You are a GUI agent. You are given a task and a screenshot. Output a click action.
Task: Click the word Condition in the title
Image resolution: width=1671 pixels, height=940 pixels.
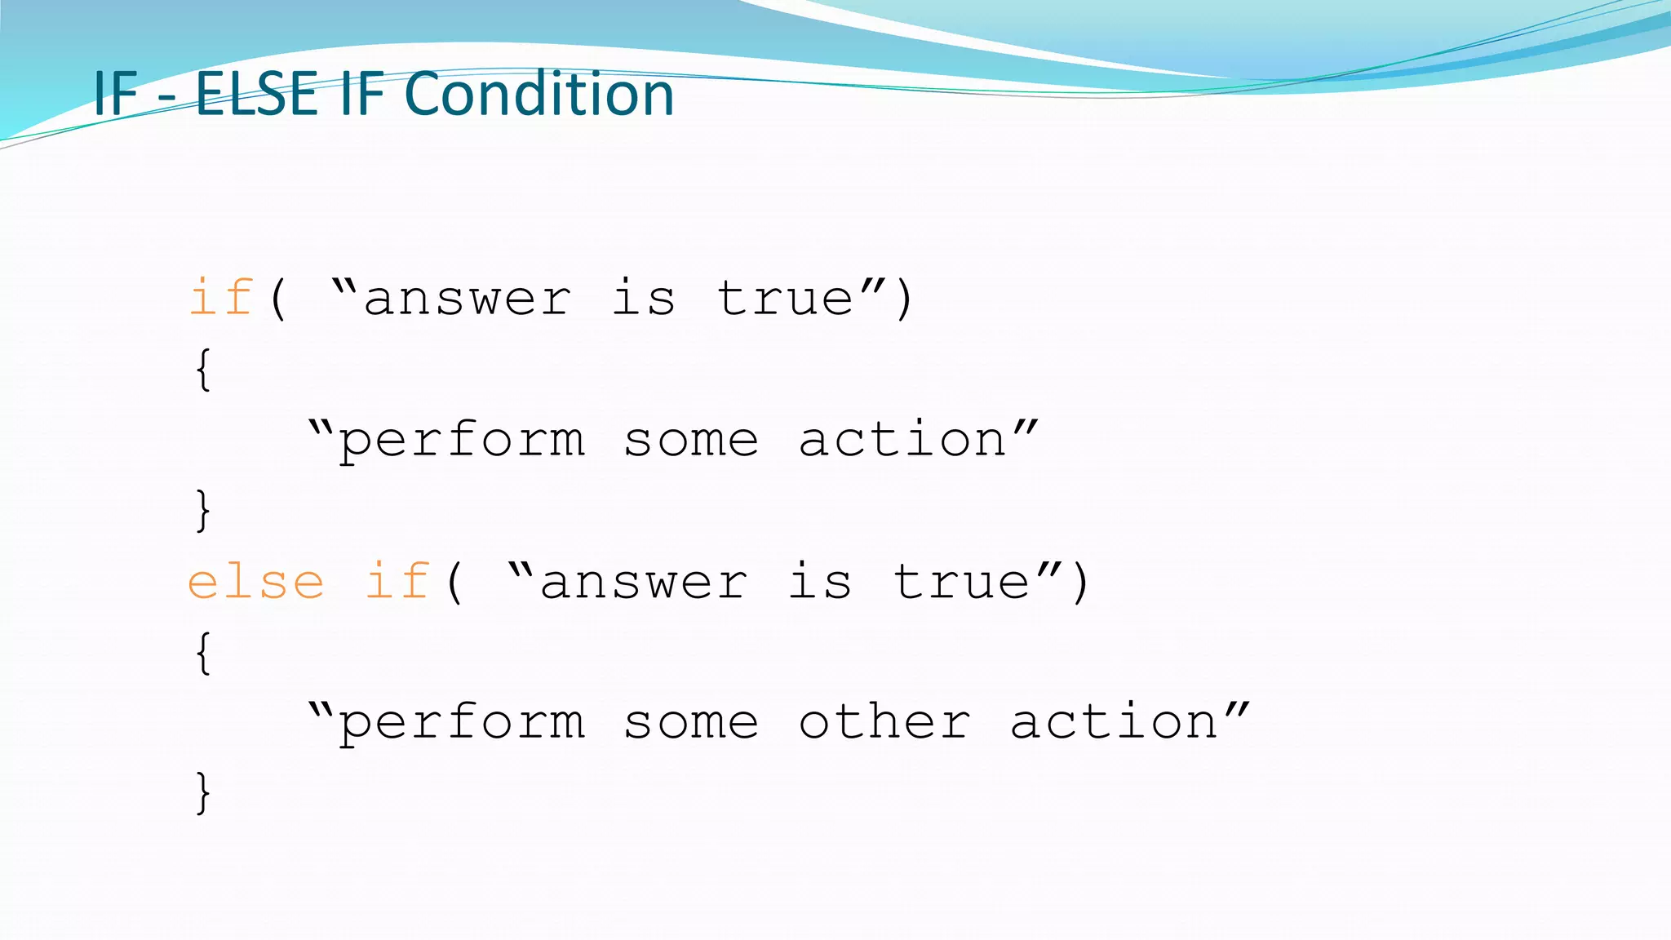tap(539, 94)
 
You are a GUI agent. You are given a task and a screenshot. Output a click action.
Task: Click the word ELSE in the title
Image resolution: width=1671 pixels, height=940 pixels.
tap(256, 94)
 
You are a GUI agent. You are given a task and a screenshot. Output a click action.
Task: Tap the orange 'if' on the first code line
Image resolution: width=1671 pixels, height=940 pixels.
tap(221, 298)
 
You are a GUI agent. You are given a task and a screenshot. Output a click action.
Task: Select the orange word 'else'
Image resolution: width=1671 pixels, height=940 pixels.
tap(256, 582)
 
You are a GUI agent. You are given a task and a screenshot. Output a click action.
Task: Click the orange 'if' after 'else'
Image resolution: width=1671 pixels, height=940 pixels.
tap(397, 582)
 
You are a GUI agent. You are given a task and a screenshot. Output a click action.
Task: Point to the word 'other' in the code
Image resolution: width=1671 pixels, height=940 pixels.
tap(884, 722)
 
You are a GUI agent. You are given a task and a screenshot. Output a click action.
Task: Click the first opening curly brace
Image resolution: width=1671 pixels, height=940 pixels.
tap(203, 370)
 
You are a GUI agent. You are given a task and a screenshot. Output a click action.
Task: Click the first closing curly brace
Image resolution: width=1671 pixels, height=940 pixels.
tap(203, 511)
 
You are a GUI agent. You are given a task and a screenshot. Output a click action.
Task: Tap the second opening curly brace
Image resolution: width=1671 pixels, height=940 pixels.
tap(203, 653)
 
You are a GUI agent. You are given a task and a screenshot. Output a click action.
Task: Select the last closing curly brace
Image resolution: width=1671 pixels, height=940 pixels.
tap(203, 793)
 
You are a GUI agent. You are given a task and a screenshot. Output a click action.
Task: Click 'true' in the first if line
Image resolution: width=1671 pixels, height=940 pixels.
tap(785, 298)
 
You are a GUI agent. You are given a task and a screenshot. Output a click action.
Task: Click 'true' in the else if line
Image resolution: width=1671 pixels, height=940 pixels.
tap(961, 582)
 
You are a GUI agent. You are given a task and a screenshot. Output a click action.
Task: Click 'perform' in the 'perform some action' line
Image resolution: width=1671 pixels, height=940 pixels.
tap(462, 441)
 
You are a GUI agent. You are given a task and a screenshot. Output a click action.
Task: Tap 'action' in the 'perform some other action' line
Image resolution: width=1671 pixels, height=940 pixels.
tap(1114, 722)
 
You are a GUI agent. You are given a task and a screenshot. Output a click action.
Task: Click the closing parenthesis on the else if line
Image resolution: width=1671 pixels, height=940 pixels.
tap(1080, 582)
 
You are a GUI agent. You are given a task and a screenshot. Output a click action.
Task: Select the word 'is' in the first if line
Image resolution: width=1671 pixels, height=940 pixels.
tap(644, 298)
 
